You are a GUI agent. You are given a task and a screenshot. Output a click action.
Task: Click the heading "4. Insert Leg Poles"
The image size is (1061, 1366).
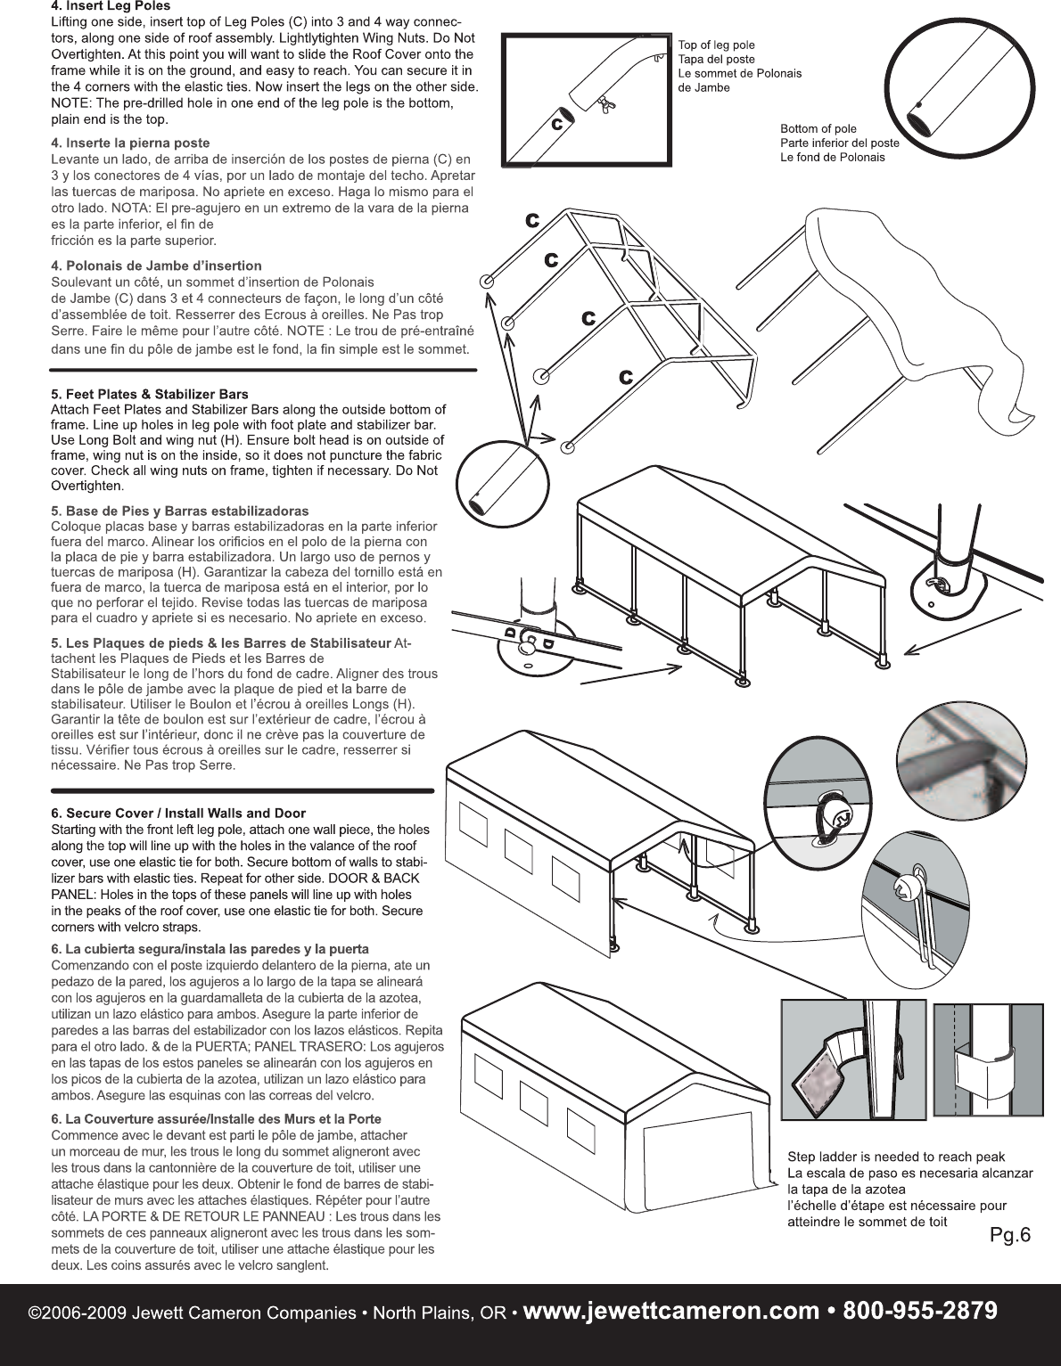pyautogui.click(x=111, y=6)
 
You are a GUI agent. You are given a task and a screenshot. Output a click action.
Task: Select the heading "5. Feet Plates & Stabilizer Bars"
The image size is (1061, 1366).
pyautogui.click(x=150, y=394)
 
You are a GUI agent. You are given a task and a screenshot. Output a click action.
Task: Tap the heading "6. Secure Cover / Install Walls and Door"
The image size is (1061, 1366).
pyautogui.click(x=178, y=813)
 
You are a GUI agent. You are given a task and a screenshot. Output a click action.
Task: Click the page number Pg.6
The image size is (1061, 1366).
pyautogui.click(x=1010, y=1235)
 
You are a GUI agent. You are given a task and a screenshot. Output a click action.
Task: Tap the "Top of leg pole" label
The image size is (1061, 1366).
pyautogui.click(x=717, y=45)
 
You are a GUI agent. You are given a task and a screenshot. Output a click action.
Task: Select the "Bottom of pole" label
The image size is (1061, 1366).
pyautogui.click(x=818, y=128)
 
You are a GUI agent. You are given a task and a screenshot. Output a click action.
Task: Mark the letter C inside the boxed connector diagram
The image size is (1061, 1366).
pyautogui.click(x=555, y=123)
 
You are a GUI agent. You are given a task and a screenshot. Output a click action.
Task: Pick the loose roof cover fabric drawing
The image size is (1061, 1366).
pyautogui.click(x=918, y=312)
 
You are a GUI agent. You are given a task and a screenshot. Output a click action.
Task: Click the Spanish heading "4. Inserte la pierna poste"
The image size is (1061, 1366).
pyautogui.click(x=131, y=143)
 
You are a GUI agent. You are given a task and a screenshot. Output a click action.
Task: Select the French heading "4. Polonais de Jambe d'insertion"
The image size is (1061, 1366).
pyautogui.click(x=157, y=266)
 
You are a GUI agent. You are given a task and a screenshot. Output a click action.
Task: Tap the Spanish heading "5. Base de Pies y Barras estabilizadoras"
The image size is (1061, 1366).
pyautogui.click(x=180, y=511)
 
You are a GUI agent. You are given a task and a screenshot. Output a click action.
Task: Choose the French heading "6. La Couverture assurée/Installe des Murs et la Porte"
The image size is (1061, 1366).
pyautogui.click(x=217, y=1118)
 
